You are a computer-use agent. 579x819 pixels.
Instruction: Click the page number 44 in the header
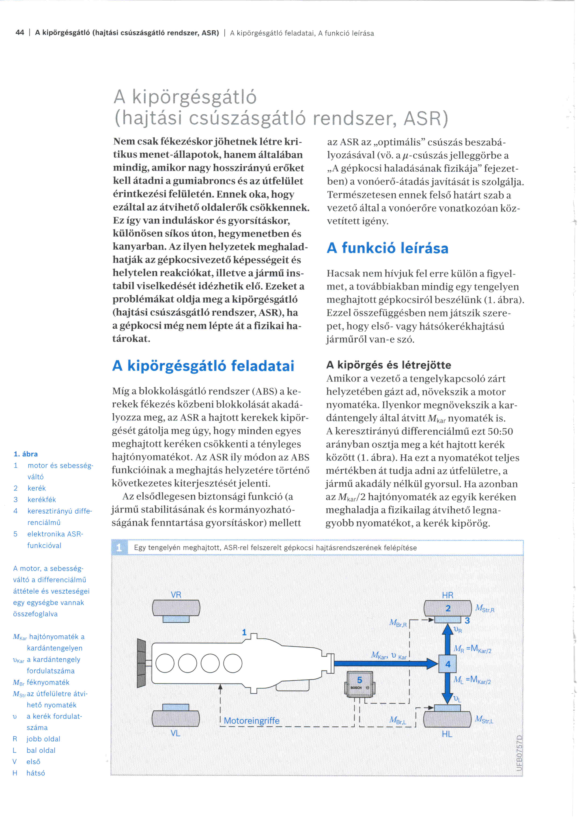(20, 33)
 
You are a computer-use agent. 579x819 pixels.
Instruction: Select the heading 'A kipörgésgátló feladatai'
(203, 366)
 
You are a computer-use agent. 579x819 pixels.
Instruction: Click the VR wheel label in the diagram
(176, 595)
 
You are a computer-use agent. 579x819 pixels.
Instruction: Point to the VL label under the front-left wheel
(175, 733)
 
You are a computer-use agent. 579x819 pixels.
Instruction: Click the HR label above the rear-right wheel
(448, 595)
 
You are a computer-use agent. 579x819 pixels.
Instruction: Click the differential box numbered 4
(448, 664)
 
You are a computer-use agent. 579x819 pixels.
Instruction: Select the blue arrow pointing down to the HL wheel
(448, 688)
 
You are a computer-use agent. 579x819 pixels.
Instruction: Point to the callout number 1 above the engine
(244, 632)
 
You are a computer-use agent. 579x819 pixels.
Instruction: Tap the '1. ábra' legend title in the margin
(26, 454)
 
